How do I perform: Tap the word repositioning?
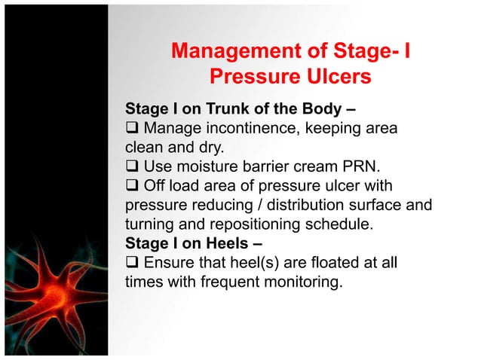280,224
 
